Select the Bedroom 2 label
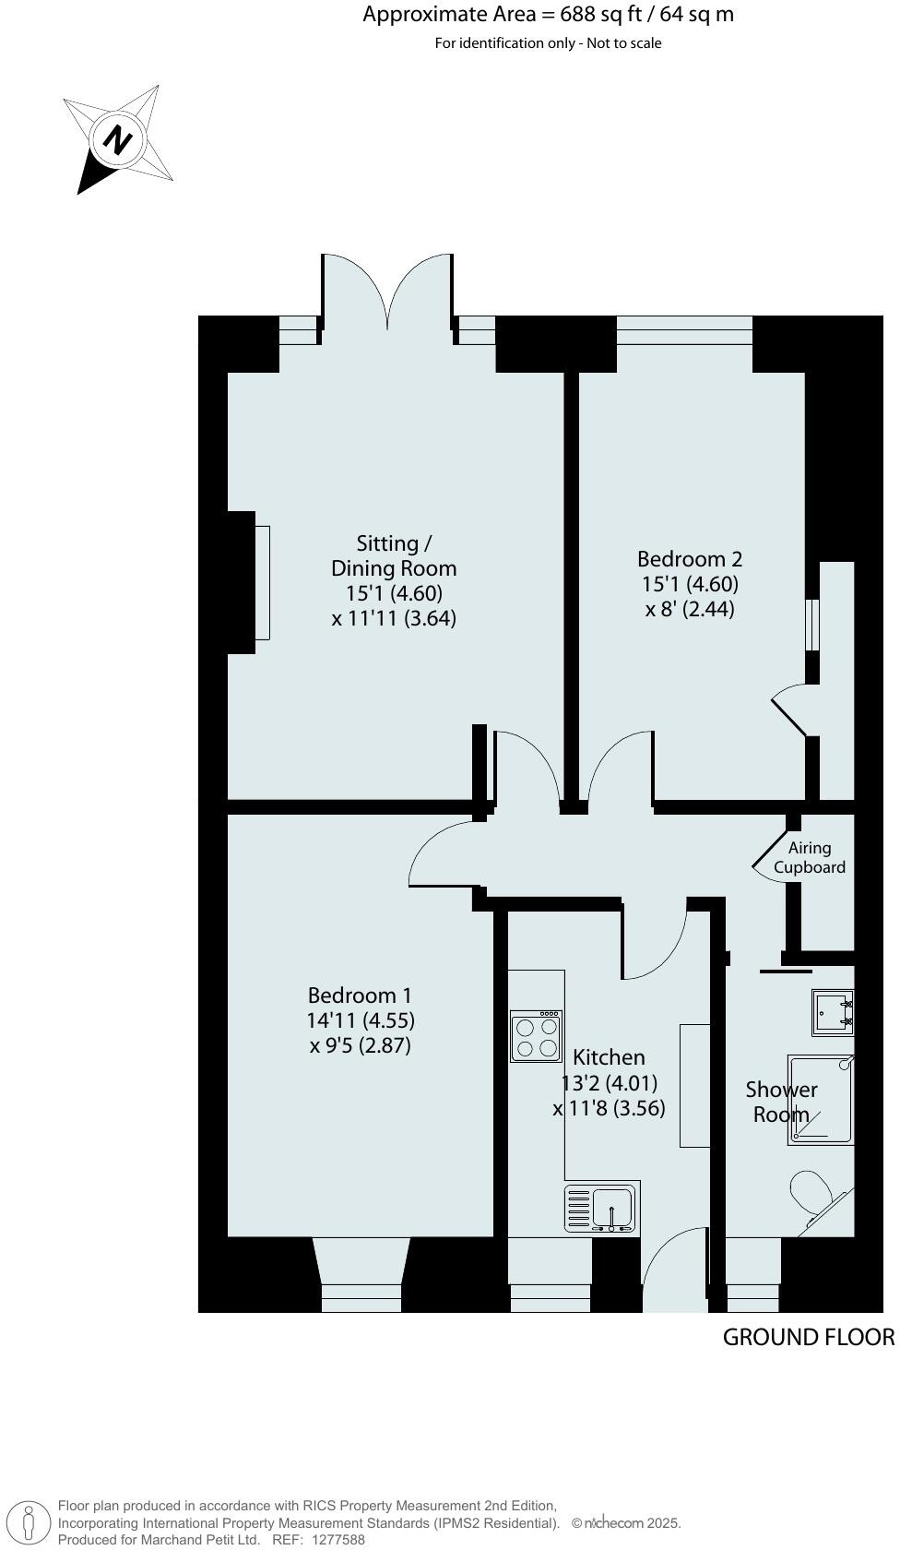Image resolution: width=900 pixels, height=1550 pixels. [x=690, y=559]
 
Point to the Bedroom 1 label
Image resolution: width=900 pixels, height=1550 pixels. [x=360, y=996]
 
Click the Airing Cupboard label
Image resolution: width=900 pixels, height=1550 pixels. [x=810, y=857]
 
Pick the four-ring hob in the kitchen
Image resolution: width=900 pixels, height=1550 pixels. [x=537, y=1036]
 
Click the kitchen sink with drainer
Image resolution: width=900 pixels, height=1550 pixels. [x=602, y=1209]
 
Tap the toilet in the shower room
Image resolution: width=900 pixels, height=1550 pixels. [x=812, y=1193]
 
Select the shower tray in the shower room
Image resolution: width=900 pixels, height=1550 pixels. [x=821, y=1100]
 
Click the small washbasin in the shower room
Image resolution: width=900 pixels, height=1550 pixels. [x=832, y=1012]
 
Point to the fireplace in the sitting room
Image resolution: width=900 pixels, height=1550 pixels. [x=261, y=581]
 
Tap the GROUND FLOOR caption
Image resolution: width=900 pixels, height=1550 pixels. [x=808, y=1337]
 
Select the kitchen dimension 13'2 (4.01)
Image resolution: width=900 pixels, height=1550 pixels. [x=610, y=1083]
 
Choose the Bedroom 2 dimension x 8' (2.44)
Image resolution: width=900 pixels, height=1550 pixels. [x=690, y=609]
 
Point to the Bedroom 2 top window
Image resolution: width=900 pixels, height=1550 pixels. [x=684, y=330]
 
